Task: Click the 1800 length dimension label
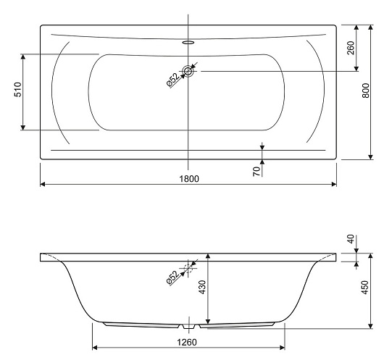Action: (189, 179)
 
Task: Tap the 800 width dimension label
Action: (366, 91)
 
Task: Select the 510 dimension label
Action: (18, 90)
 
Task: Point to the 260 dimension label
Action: (351, 49)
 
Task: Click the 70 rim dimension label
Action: (256, 172)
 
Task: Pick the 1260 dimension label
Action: (187, 342)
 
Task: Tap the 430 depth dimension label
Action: (202, 288)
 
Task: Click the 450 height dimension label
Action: (364, 288)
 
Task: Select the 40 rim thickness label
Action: (351, 239)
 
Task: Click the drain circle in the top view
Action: (188, 71)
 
